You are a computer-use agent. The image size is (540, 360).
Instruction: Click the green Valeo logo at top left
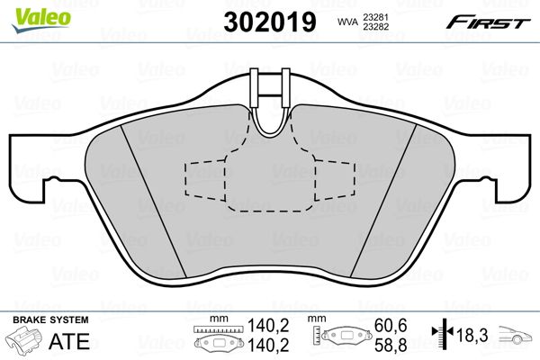coord(41,20)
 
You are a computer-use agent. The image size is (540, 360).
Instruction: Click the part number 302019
coord(270,22)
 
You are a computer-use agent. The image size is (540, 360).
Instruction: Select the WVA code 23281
coord(374,17)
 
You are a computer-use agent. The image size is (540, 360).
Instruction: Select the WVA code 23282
coord(374,26)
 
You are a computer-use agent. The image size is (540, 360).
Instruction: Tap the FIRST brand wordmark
coord(488,22)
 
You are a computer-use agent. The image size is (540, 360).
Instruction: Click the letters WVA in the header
coord(346,22)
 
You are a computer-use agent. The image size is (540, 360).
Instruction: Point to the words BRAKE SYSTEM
coord(50,319)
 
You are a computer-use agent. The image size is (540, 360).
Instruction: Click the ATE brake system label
coord(69,341)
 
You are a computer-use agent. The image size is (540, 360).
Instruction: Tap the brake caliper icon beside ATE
coord(22,339)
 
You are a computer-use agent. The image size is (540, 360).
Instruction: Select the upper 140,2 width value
coord(268,325)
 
